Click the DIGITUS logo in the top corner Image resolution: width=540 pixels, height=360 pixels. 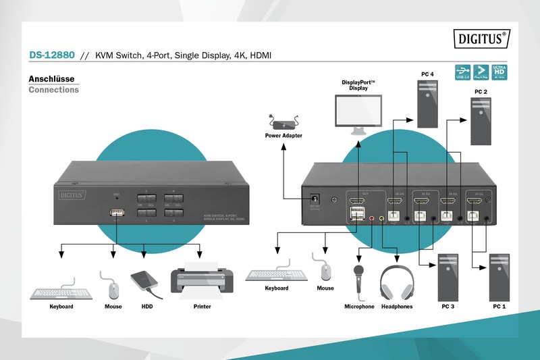[x=485, y=38]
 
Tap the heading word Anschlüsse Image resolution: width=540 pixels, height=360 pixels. [x=51, y=78]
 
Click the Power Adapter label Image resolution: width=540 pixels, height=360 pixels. [x=283, y=136]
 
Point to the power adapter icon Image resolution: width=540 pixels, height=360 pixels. [x=283, y=122]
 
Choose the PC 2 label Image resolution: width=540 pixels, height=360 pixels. [x=481, y=91]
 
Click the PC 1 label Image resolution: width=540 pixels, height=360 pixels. [x=500, y=307]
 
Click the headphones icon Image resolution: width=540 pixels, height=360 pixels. [x=396, y=282]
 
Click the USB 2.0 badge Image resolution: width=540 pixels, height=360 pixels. [x=463, y=72]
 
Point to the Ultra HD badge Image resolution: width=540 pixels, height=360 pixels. [x=500, y=72]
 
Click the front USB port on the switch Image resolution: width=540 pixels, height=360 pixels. [x=116, y=213]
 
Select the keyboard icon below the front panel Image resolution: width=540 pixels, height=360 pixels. [x=61, y=292]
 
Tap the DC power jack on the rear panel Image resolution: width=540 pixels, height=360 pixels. [x=314, y=200]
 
